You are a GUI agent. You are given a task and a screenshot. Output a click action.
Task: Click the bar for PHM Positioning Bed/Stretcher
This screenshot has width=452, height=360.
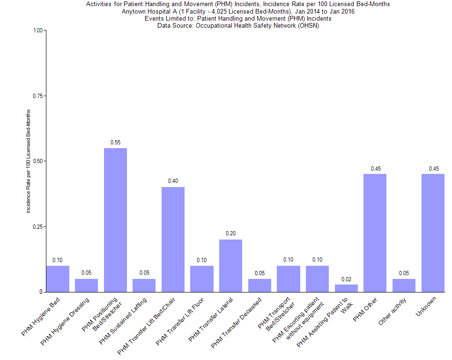pyautogui.click(x=115, y=220)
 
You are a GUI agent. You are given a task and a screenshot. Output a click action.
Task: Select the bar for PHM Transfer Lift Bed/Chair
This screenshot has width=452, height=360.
pyautogui.click(x=173, y=239)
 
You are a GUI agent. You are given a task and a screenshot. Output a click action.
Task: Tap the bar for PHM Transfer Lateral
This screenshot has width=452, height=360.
pyautogui.click(x=230, y=265)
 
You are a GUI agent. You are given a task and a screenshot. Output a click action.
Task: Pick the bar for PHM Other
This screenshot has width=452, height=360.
pyautogui.click(x=375, y=232)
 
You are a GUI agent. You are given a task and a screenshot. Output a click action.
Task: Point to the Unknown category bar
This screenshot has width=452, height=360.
pyautogui.click(x=432, y=232)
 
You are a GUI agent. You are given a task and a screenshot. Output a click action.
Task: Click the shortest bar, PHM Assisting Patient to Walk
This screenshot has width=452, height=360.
pyautogui.click(x=346, y=288)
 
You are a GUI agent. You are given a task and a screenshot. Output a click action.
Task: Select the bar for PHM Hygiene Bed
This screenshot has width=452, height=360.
pyautogui.click(x=58, y=278)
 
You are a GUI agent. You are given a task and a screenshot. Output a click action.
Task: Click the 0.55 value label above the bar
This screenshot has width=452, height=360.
pyautogui.click(x=115, y=142)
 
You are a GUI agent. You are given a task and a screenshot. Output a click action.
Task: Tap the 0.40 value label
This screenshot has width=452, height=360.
pyautogui.click(x=173, y=181)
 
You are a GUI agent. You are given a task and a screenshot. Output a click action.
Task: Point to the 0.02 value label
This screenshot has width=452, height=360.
pyautogui.click(x=346, y=279)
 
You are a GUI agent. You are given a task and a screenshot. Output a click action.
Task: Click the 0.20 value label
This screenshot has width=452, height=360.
pyautogui.click(x=230, y=233)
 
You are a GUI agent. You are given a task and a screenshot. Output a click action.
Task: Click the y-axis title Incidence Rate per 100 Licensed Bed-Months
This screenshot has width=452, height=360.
pyautogui.click(x=28, y=161)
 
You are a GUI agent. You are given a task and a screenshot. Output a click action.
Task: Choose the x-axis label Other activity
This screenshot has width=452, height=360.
pyautogui.click(x=398, y=312)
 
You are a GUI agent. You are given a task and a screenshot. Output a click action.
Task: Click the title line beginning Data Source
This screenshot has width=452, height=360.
pyautogui.click(x=238, y=25)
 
